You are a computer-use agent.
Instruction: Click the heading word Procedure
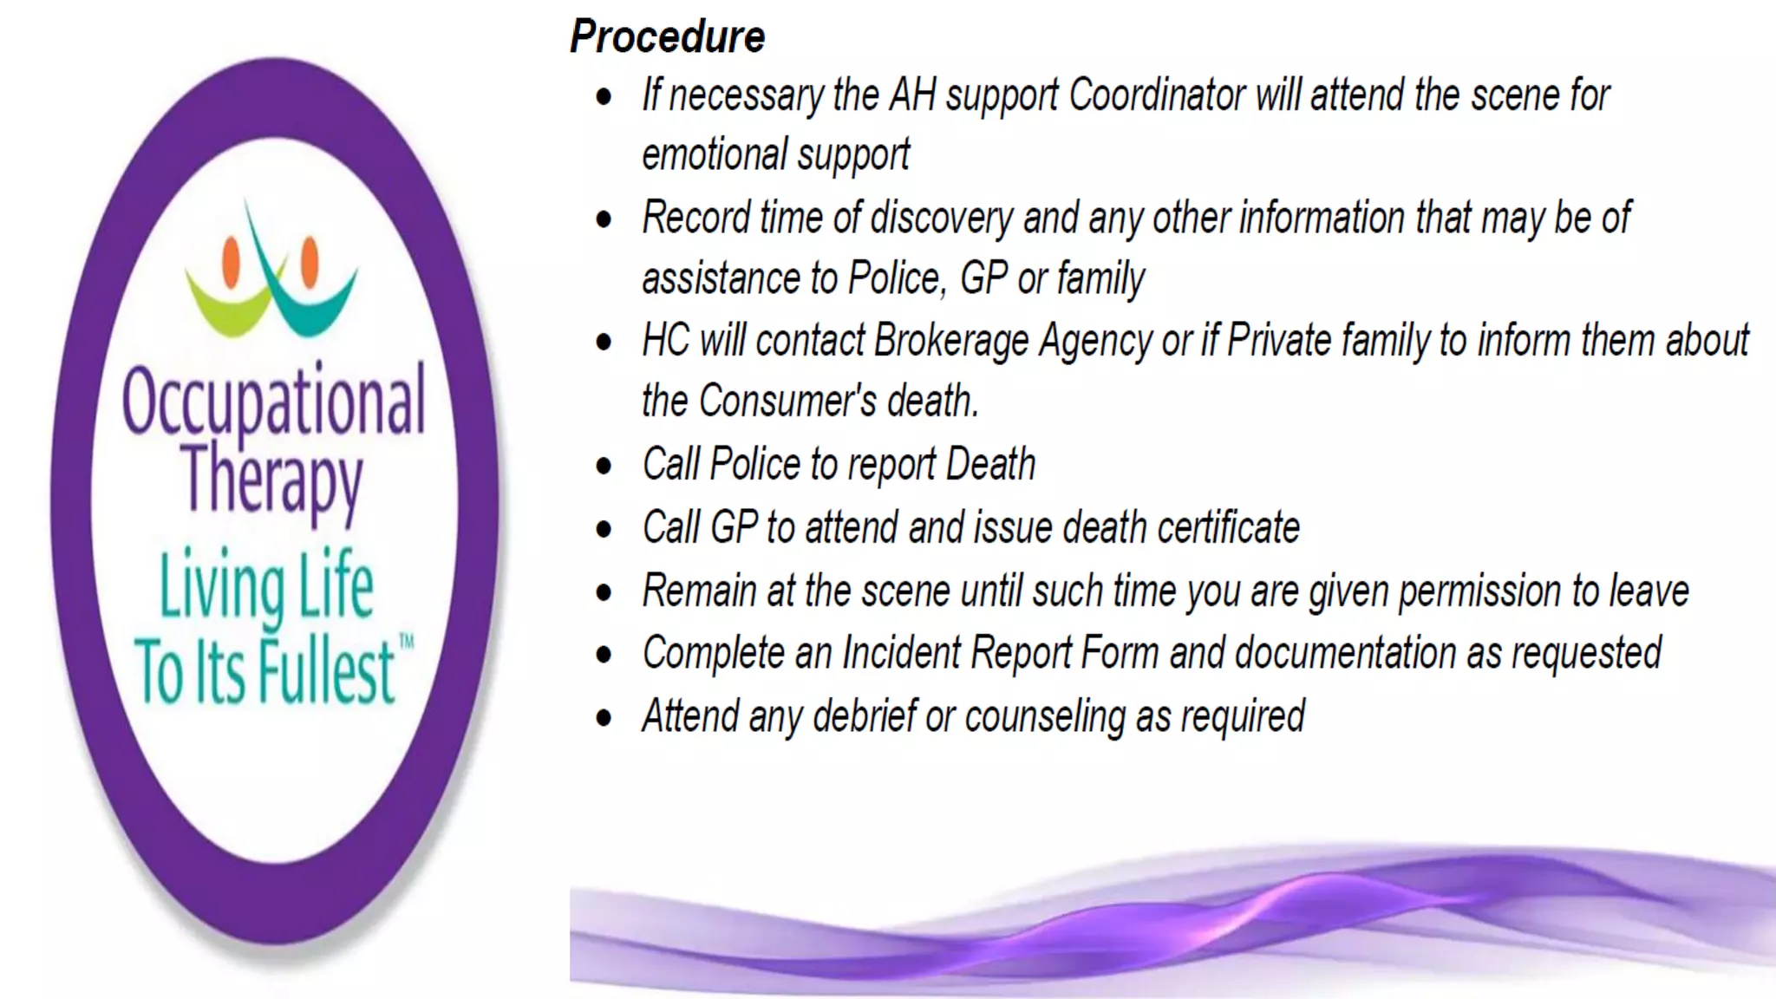coord(667,37)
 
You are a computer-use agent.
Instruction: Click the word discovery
coord(941,218)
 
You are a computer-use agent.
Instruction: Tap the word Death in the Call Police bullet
coord(990,464)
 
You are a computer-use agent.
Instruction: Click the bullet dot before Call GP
coord(604,529)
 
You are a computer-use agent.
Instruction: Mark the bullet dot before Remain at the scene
coord(604,592)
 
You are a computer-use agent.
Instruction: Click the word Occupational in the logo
coord(274,402)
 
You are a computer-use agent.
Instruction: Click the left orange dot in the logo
coord(232,261)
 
